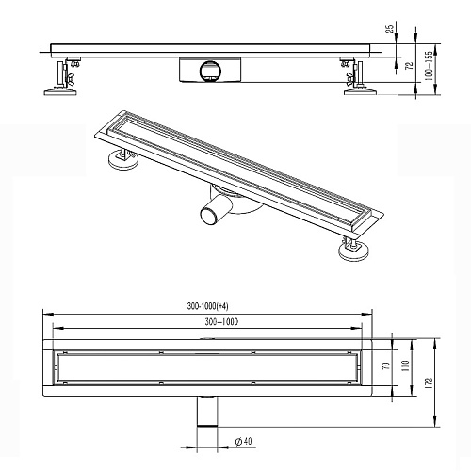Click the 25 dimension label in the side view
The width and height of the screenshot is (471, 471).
pos(389,29)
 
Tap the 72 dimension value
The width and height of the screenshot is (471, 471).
pos(410,66)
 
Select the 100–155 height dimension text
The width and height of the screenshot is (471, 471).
pos(429,66)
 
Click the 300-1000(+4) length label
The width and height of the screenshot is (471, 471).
pos(207,306)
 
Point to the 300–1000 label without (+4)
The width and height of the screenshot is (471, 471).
pos(221,322)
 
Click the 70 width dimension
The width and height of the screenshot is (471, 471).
pos(386,365)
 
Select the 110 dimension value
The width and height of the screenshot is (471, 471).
pos(405,365)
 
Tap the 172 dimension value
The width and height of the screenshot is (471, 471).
pos(429,383)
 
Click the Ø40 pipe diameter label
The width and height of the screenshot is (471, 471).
pos(244,441)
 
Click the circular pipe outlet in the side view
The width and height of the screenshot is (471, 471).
pos(210,72)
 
